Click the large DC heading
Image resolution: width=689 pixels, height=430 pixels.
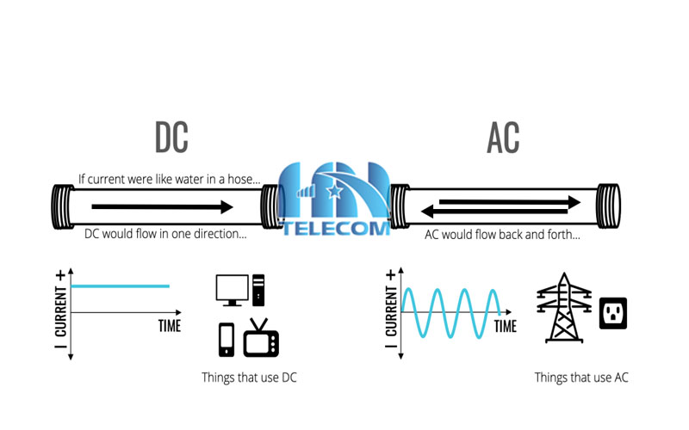coord(171,138)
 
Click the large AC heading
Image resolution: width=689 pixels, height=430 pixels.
coord(503,138)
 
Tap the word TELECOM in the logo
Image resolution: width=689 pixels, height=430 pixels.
coord(337,228)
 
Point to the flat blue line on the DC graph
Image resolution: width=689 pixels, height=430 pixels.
coord(121,286)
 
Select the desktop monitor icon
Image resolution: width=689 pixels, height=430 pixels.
coord(231,290)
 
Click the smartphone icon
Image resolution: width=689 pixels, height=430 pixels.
coord(226,339)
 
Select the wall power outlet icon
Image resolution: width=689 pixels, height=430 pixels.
coord(613,313)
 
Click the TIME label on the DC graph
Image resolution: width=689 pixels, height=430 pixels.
coord(169,327)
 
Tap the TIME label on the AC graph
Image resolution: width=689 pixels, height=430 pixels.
coord(506,327)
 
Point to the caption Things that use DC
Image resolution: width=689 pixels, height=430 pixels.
coord(250,377)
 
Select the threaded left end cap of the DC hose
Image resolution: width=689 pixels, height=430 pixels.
coord(65,207)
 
